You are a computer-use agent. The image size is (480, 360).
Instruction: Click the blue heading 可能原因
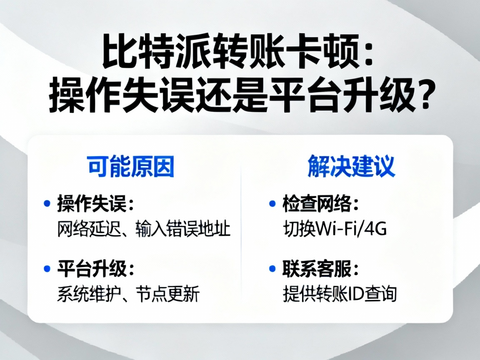(130, 167)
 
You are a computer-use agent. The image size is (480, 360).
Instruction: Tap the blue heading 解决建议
(351, 167)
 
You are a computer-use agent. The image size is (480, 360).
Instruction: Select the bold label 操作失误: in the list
(96, 204)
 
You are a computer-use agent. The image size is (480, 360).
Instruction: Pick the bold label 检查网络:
(321, 204)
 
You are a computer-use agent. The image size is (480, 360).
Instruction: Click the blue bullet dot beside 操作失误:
(47, 204)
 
